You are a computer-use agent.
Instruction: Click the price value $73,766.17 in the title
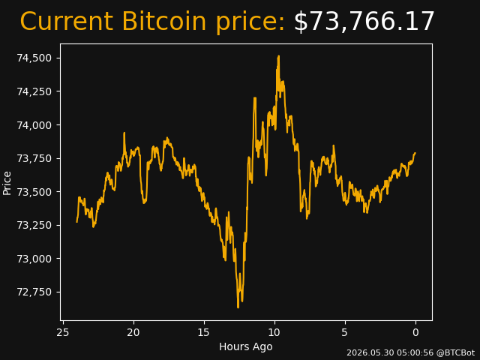[x=364, y=22]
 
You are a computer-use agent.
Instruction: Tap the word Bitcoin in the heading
[x=164, y=21]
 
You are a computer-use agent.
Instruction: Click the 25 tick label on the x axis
[x=63, y=332]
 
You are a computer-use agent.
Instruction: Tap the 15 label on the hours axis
[x=204, y=332]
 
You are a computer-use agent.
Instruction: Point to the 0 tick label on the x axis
[x=415, y=332]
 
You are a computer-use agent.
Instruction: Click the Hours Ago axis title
[x=246, y=346]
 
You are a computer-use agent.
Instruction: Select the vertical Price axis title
[x=7, y=183]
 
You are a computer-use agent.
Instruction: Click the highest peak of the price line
[x=278, y=56]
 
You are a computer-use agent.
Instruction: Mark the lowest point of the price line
[x=238, y=307]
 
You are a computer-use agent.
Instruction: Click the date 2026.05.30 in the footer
[x=370, y=352]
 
